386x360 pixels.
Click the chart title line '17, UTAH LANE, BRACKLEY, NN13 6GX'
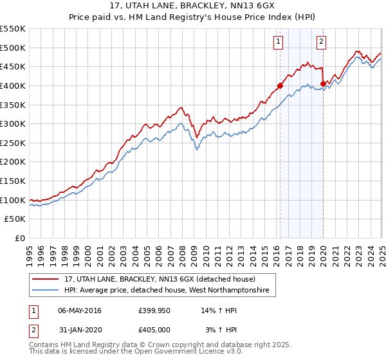tap(193, 6)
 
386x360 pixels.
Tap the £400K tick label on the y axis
tap(13, 85)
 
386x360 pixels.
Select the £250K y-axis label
tap(13, 143)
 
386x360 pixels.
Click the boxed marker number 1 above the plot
tap(279, 42)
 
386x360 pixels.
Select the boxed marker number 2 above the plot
tap(321, 42)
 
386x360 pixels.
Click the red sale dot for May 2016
tap(280, 85)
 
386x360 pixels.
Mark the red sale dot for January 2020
tap(323, 84)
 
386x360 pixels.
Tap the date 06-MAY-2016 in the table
tap(80, 310)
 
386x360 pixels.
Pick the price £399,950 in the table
tap(154, 310)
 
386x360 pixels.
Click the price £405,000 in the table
tap(154, 330)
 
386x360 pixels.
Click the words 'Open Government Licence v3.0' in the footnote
tap(188, 352)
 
